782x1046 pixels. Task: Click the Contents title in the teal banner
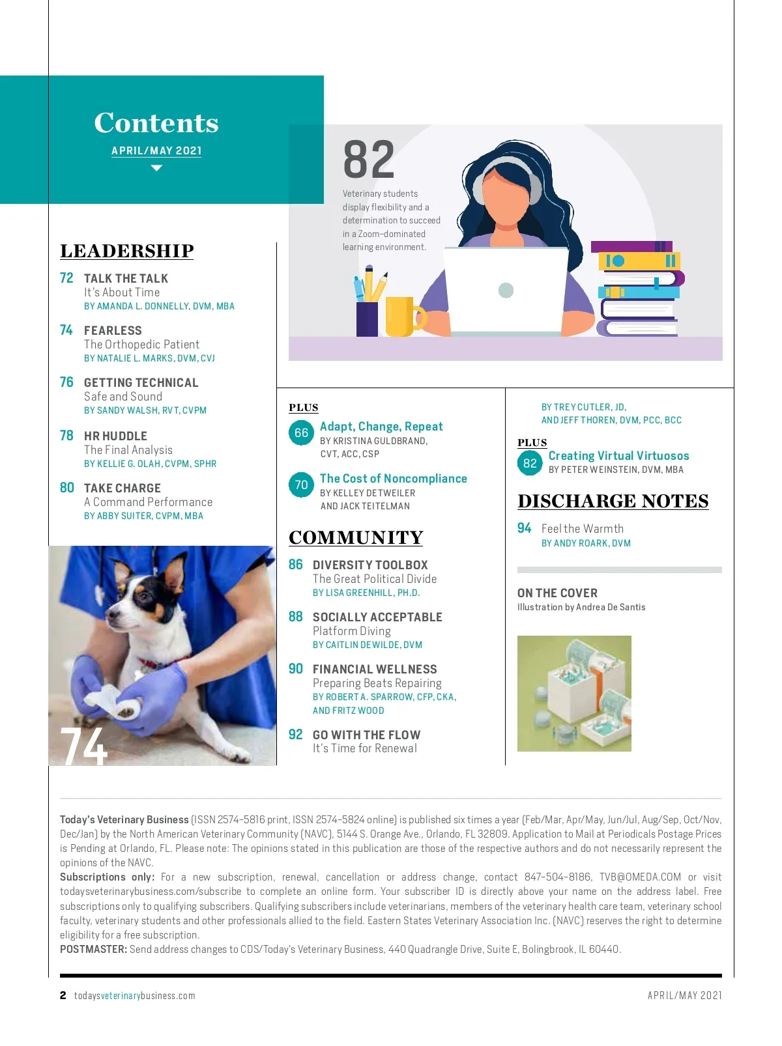tap(156, 123)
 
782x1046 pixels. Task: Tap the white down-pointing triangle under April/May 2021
tap(156, 168)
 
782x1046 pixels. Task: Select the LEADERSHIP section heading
tap(127, 251)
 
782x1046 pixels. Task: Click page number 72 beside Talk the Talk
tap(66, 278)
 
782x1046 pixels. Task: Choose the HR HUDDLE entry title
tap(115, 436)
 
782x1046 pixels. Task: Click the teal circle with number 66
tap(301, 432)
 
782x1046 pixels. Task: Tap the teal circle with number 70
tap(301, 485)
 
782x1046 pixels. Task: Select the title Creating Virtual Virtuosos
tap(618, 456)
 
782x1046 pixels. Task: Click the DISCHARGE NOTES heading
tap(613, 501)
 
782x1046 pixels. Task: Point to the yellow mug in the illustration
tap(403, 317)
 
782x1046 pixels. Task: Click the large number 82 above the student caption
tap(369, 160)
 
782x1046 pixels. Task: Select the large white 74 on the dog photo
tap(84, 746)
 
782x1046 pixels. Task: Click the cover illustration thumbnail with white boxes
tap(574, 693)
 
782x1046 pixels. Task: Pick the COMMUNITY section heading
tap(356, 537)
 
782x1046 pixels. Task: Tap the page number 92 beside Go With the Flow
tap(296, 735)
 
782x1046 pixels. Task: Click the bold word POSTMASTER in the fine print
tap(93, 949)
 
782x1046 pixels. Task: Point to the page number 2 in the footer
tap(63, 995)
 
